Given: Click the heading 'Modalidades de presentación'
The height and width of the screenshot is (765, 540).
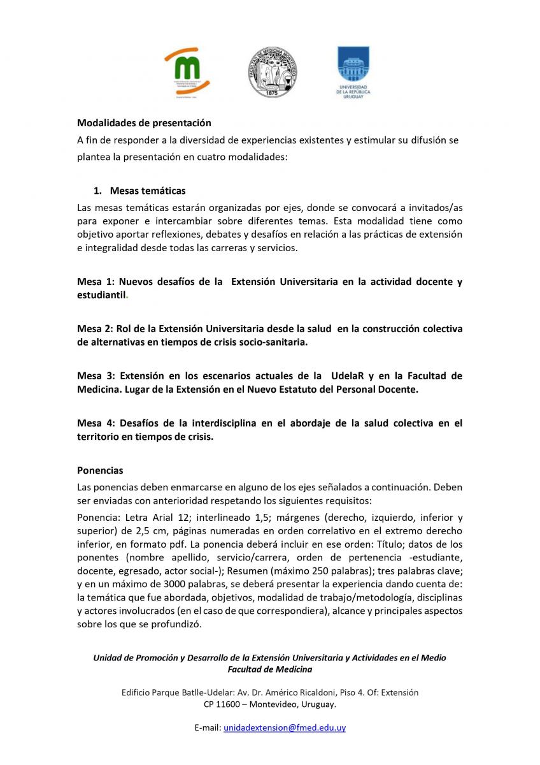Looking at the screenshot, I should coord(144,123).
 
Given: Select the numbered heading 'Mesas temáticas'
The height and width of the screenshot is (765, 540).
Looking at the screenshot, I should coord(148,191).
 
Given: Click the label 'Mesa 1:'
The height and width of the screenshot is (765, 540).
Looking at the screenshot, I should coord(95,282).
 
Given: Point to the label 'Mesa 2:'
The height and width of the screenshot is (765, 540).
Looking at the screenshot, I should coord(95,329).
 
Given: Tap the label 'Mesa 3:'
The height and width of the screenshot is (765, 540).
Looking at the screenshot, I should coord(95,376).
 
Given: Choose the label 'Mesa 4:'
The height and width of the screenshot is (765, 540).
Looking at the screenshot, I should coord(95,423).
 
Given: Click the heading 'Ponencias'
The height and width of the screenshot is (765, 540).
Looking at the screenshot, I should coord(100,471).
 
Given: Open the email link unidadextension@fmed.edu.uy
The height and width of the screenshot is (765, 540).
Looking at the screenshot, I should coord(284,727).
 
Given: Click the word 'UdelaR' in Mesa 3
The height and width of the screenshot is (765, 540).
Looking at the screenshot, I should coord(349,376).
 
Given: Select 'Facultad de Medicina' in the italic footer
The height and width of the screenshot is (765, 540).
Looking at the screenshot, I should coord(270,669).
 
